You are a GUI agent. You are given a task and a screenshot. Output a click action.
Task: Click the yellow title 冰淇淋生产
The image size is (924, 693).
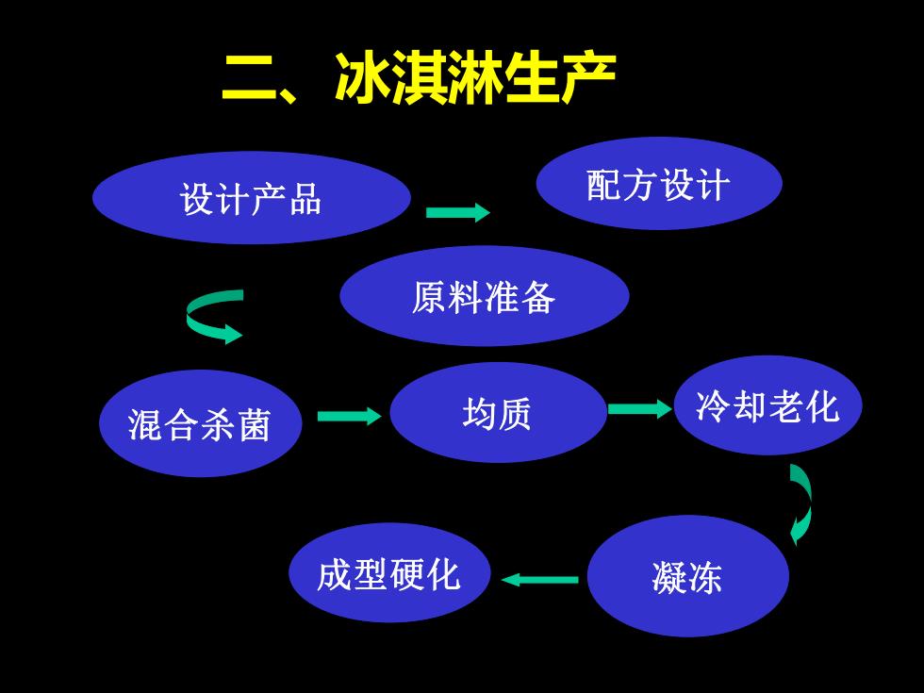(x=475, y=77)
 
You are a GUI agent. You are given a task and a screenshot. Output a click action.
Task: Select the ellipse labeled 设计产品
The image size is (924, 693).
(x=252, y=198)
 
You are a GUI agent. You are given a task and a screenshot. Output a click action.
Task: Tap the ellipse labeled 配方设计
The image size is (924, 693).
(x=659, y=183)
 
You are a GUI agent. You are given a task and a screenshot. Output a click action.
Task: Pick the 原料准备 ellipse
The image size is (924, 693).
(x=485, y=296)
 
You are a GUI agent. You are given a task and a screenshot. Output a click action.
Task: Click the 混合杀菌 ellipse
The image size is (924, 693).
(x=200, y=423)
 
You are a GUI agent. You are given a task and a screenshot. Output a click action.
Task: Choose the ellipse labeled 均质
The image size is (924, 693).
(x=498, y=413)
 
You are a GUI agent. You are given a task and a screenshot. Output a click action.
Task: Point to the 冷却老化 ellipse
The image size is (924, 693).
(x=767, y=405)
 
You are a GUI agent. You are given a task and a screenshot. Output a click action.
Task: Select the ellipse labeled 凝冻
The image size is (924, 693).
(x=688, y=576)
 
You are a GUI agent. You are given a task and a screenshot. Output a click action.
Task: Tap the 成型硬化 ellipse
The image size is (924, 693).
(x=389, y=573)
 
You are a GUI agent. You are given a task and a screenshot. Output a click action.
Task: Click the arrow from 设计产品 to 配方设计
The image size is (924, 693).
(x=458, y=212)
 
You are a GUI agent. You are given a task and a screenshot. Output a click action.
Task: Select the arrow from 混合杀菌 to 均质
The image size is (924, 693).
(x=350, y=416)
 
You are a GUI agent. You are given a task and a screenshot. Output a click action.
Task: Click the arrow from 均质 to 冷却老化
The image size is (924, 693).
(x=640, y=409)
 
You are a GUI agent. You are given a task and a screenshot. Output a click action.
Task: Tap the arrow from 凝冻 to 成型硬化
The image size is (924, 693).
(x=539, y=580)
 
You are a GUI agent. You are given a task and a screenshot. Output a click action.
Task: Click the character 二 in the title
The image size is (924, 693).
(x=251, y=77)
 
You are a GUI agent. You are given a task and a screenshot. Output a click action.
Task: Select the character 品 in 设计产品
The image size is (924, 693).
(x=305, y=199)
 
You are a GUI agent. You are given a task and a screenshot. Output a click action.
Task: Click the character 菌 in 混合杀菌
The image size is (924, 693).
(x=255, y=424)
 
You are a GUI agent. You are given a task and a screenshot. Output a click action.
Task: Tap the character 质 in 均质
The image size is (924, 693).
(x=515, y=414)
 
